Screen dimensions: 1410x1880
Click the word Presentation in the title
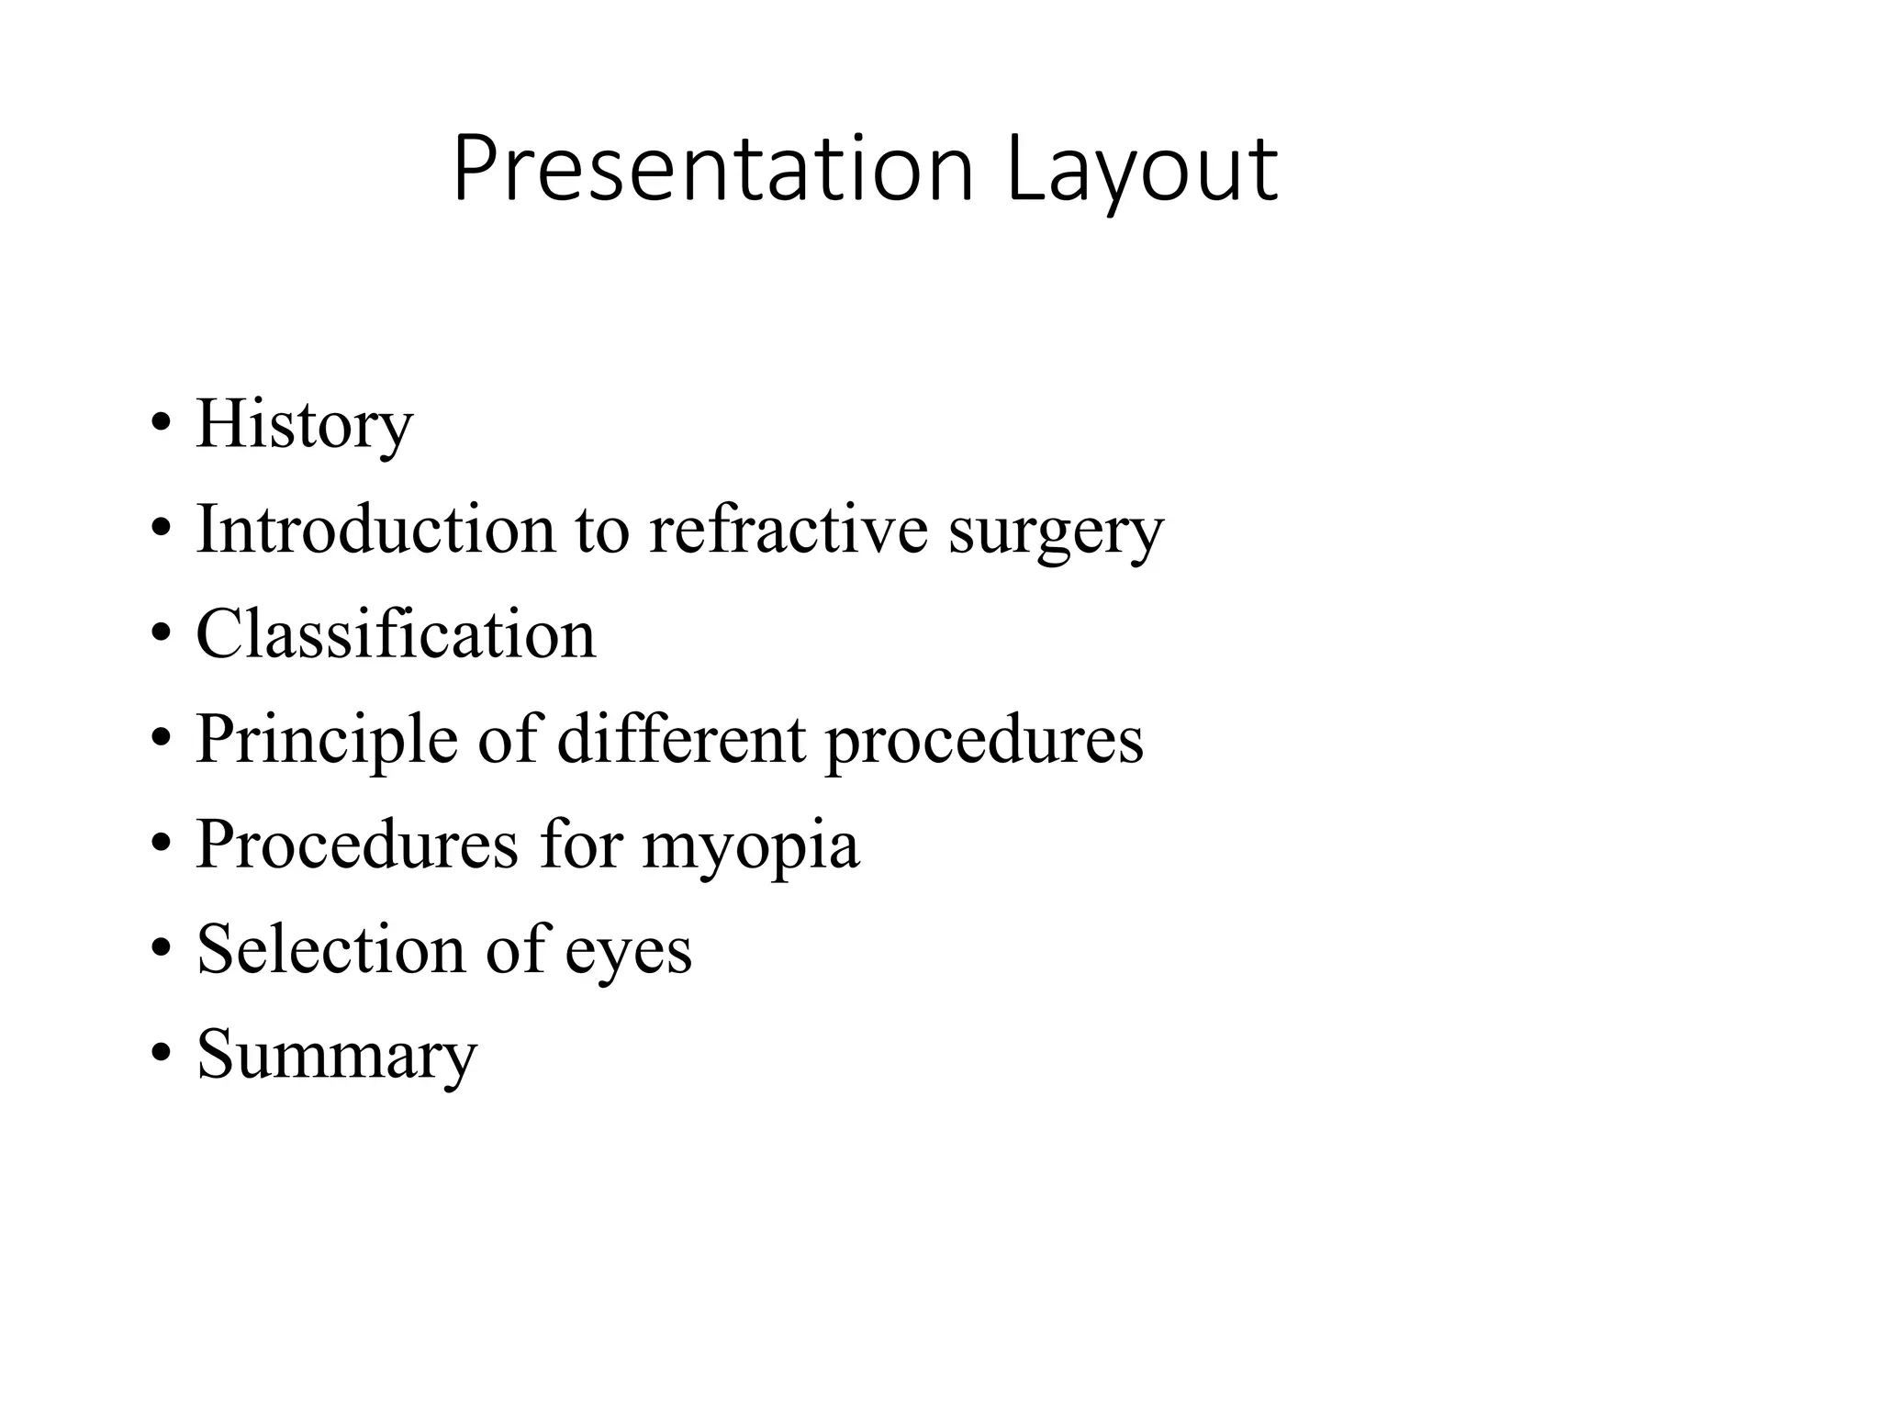tap(712, 170)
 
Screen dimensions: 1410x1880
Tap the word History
tap(304, 426)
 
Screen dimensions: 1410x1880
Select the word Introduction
tap(375, 530)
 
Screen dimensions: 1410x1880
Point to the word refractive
tap(789, 530)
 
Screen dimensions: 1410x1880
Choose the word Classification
tap(396, 634)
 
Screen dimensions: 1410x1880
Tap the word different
tap(681, 739)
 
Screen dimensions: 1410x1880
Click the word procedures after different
tap(984, 742)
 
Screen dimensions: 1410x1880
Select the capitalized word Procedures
tap(357, 845)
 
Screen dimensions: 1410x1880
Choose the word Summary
tap(337, 1057)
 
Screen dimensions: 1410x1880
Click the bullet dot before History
tap(161, 425)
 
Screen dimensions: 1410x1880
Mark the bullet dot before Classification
tap(161, 634)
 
